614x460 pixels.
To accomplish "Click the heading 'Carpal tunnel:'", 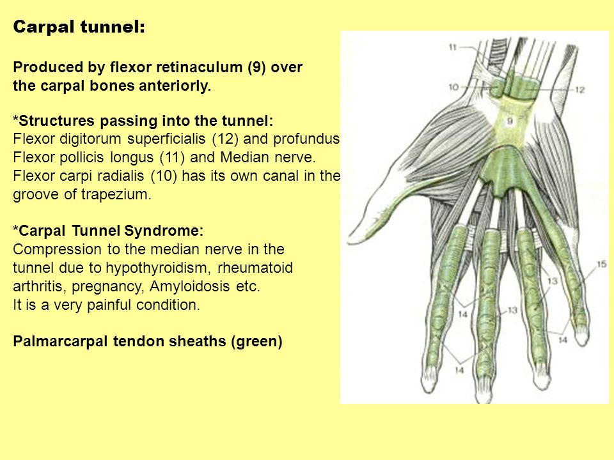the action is click(x=79, y=27).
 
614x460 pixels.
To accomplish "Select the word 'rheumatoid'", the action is click(x=255, y=268).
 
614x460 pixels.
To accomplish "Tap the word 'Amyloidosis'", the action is click(x=190, y=286).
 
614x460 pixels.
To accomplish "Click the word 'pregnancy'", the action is click(x=107, y=287).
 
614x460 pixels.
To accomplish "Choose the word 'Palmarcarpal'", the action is click(x=60, y=341).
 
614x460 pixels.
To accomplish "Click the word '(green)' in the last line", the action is click(x=256, y=341).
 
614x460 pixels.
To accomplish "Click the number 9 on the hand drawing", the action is click(x=510, y=121).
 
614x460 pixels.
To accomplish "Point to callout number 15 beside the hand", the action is click(x=601, y=264).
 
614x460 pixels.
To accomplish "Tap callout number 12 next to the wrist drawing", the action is click(x=580, y=90).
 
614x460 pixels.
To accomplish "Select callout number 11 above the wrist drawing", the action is click(x=453, y=47).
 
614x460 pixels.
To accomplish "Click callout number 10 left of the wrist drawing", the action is click(x=453, y=87).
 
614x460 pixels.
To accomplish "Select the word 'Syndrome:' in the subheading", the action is click(x=164, y=231).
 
